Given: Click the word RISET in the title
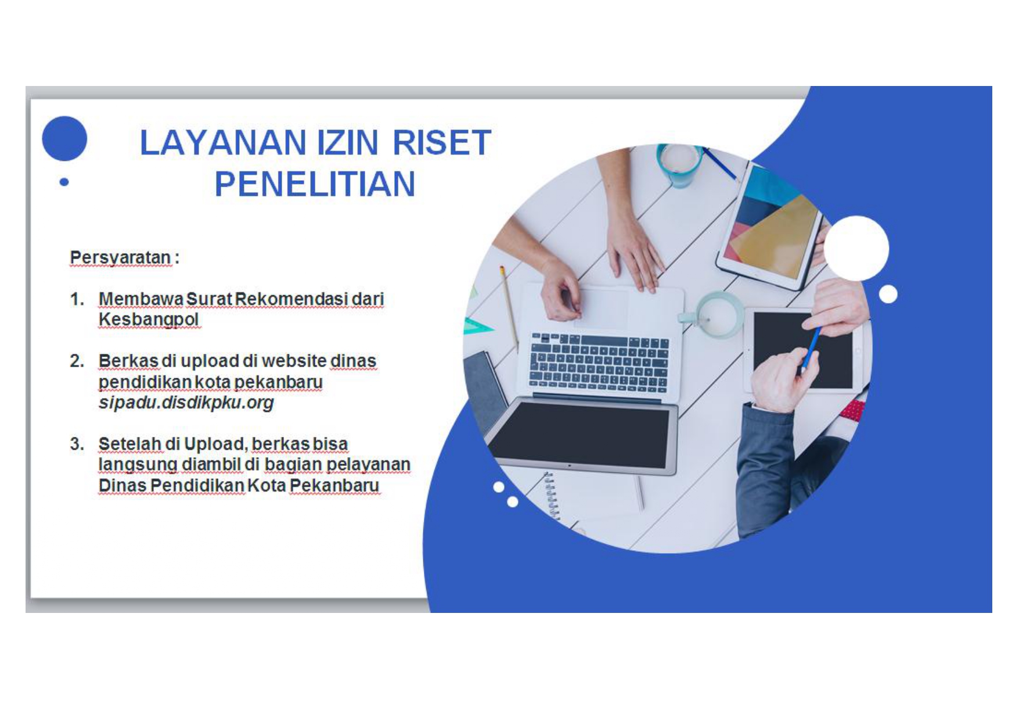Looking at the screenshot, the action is coord(442,143).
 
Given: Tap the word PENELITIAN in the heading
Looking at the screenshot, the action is coord(315,184).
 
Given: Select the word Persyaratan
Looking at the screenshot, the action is coord(121,257).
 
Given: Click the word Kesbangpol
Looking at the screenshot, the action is coord(149,320).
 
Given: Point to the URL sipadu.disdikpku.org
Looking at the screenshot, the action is coord(186,403).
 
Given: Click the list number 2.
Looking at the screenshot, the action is coord(77,361).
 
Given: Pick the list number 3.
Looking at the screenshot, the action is coord(77,444).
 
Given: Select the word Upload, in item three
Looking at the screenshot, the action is coord(217,444).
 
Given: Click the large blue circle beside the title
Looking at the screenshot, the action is coord(64,138).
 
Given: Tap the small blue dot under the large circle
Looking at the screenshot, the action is coord(64,182).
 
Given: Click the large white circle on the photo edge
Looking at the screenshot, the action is coord(856,248).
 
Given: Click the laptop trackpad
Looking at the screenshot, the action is coord(602,308).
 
